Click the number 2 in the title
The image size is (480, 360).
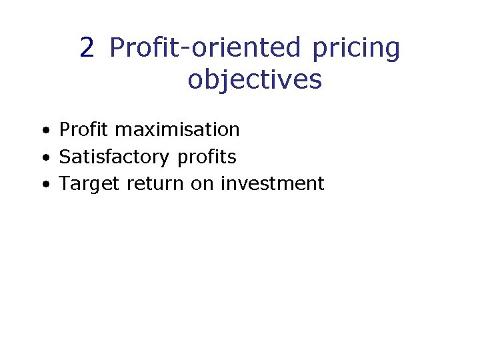(87, 48)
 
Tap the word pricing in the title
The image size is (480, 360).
(356, 48)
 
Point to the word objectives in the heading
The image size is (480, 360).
(255, 80)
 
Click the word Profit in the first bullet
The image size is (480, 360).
(84, 129)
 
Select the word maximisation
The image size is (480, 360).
(177, 129)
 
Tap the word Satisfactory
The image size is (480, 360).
(115, 157)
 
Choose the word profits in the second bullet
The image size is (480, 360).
(207, 157)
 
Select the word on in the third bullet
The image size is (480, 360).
(203, 184)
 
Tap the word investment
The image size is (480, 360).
(272, 183)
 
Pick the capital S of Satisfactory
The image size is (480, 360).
(65, 157)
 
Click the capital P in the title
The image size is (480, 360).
(118, 48)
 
